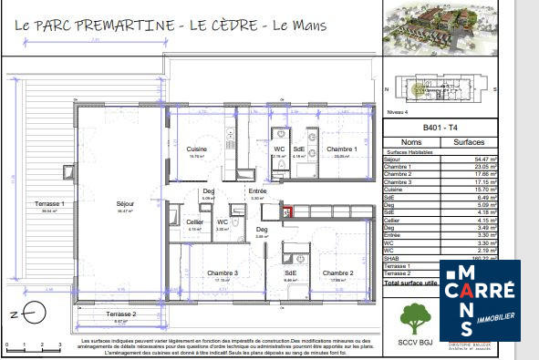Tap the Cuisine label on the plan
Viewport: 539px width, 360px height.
point(197,149)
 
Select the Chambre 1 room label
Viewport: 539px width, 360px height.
point(341,149)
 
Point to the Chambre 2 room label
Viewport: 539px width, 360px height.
point(337,273)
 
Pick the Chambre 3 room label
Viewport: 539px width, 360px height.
point(222,273)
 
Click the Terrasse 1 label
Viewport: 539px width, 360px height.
point(43,203)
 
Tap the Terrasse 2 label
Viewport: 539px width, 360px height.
point(120,314)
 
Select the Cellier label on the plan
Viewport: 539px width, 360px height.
point(194,221)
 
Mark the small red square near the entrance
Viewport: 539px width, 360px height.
point(288,212)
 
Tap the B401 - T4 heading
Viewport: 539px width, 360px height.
point(443,128)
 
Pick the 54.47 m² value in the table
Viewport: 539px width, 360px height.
point(479,159)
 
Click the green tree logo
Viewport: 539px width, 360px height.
point(416,316)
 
